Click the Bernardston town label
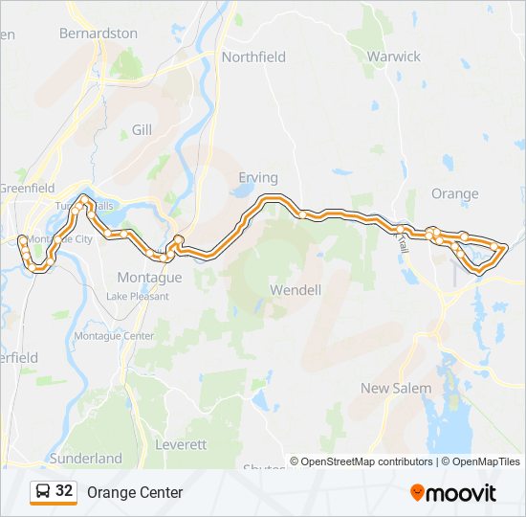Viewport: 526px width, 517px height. (98, 34)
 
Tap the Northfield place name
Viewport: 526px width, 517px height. (253, 57)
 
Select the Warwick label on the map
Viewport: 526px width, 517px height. (393, 56)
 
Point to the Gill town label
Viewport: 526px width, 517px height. (142, 129)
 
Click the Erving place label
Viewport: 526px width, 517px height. (257, 178)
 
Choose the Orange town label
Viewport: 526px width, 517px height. (454, 193)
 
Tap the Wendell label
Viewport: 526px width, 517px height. (296, 289)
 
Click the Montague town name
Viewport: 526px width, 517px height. (148, 278)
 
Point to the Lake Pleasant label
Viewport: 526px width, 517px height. (138, 297)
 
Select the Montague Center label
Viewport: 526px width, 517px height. (114, 336)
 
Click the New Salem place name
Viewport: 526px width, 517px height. (395, 389)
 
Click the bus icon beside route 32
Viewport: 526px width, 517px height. (43, 492)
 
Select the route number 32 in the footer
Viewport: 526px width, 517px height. (64, 491)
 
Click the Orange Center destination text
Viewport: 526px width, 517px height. (135, 493)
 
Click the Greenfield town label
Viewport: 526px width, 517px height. (27, 189)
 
